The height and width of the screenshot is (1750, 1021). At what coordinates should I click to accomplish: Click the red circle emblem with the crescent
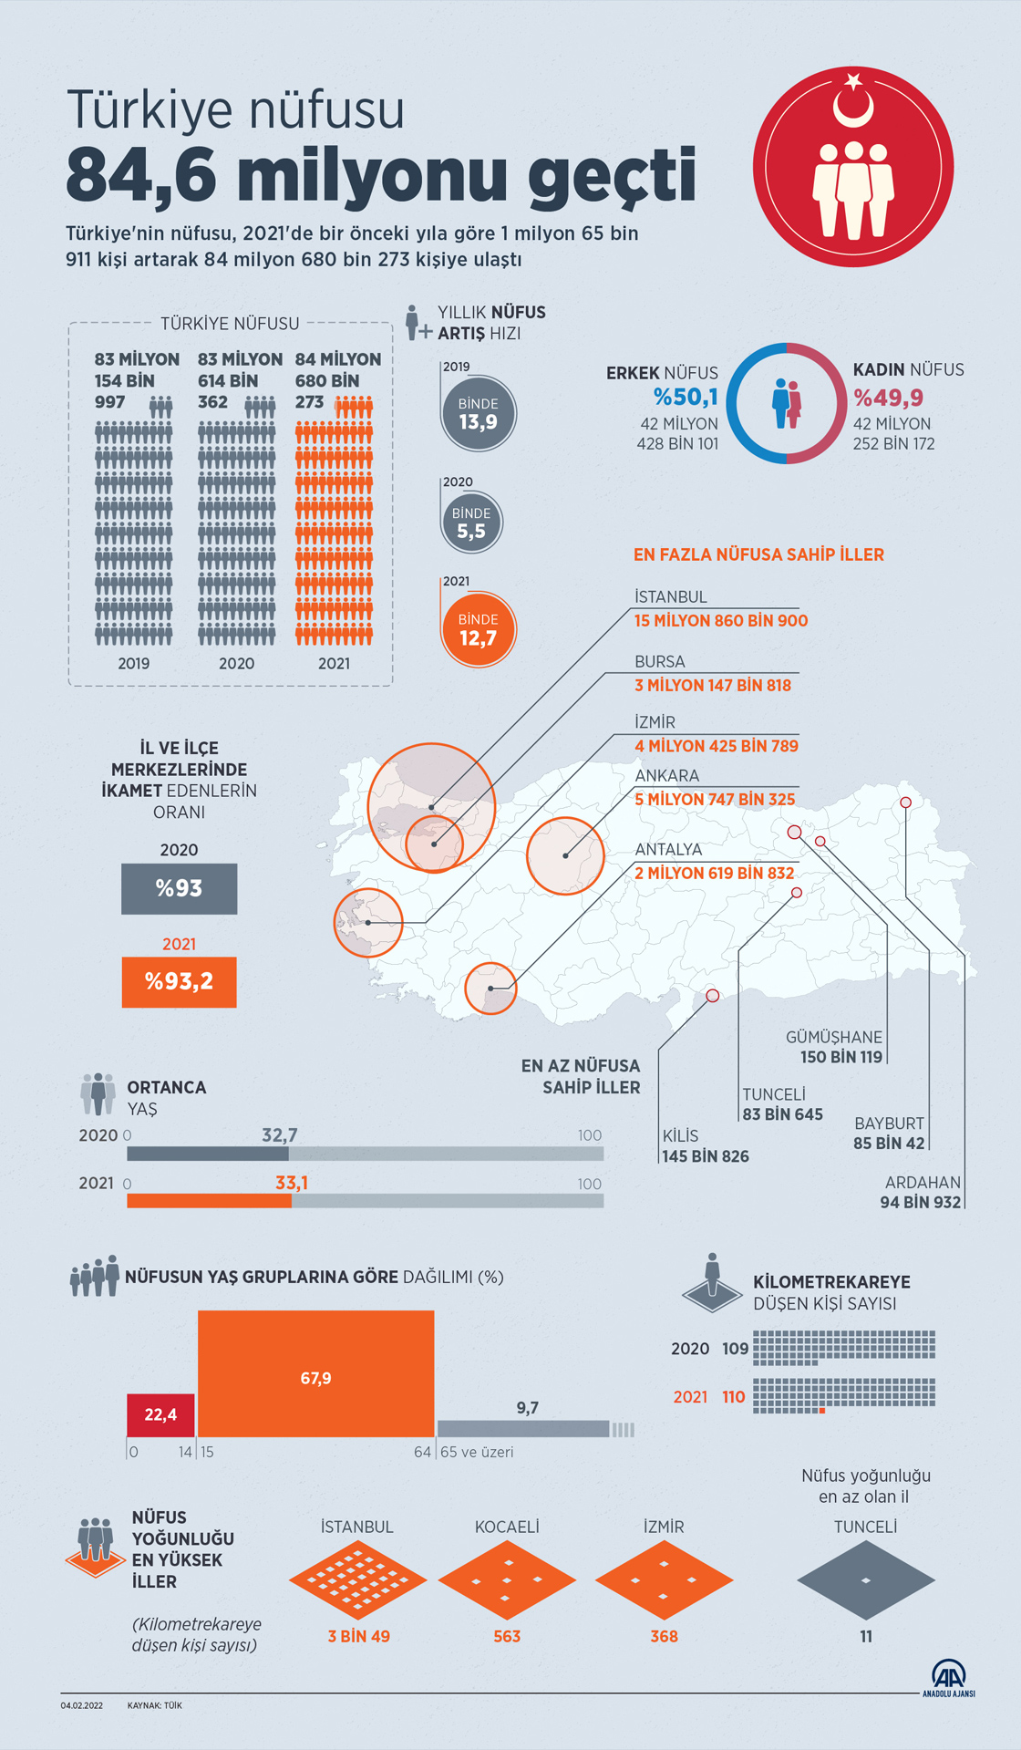point(852,166)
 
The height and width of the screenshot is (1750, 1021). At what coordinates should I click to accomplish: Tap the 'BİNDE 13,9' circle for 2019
point(478,413)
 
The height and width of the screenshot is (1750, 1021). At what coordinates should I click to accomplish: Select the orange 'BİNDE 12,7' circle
point(478,629)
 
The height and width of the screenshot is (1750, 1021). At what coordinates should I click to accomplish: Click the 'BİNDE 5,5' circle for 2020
point(471,523)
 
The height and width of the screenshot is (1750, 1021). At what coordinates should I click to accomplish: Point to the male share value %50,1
point(686,397)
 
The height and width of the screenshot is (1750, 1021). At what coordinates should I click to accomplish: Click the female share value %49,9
point(888,398)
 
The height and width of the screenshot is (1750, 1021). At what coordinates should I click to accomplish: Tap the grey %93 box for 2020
point(179,888)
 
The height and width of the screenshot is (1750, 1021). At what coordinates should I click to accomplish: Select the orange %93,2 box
point(179,981)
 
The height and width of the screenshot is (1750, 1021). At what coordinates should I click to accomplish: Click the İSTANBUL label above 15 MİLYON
point(670,596)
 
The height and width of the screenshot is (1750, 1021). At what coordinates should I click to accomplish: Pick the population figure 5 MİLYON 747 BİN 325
point(715,799)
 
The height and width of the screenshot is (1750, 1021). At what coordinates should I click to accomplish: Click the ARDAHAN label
point(923,1182)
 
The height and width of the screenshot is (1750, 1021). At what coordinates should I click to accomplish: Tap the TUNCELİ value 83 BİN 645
point(782,1114)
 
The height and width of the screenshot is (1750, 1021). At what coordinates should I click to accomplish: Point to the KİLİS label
point(680,1135)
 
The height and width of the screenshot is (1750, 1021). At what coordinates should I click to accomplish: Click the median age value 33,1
point(292,1183)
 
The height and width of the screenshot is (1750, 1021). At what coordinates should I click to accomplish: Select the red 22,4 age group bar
point(160,1414)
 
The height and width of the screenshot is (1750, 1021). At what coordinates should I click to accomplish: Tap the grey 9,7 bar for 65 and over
point(523,1428)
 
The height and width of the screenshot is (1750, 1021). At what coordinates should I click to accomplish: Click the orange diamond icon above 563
point(507,1580)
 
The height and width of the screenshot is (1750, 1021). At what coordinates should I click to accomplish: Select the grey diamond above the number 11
point(865,1580)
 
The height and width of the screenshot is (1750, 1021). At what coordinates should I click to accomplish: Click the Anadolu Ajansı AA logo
point(948,1677)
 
